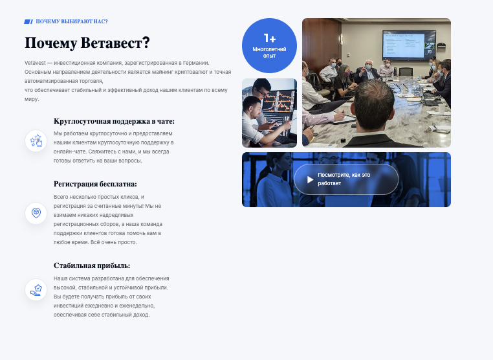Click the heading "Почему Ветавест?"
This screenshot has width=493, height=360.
coord(87,43)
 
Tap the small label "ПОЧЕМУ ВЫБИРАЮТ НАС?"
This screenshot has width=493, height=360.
coord(71,21)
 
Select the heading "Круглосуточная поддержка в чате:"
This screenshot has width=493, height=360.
coord(114,121)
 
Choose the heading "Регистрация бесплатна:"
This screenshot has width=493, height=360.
coord(95,184)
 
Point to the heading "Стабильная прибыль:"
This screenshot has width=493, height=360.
coord(92,265)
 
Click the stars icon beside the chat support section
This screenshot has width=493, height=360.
coord(36,141)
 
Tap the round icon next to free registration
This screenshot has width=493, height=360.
coord(36,212)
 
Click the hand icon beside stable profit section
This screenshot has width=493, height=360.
coord(36,289)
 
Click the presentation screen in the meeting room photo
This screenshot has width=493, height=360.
coord(408,46)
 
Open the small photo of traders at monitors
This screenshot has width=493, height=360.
coord(269,113)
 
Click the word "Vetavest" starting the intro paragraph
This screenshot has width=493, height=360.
coord(36,62)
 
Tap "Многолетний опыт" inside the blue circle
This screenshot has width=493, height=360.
coord(269,52)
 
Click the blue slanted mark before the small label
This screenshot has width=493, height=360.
coord(28,21)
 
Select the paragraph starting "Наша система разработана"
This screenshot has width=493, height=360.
coord(111,296)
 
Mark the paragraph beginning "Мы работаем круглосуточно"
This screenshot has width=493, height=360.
coord(113,146)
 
